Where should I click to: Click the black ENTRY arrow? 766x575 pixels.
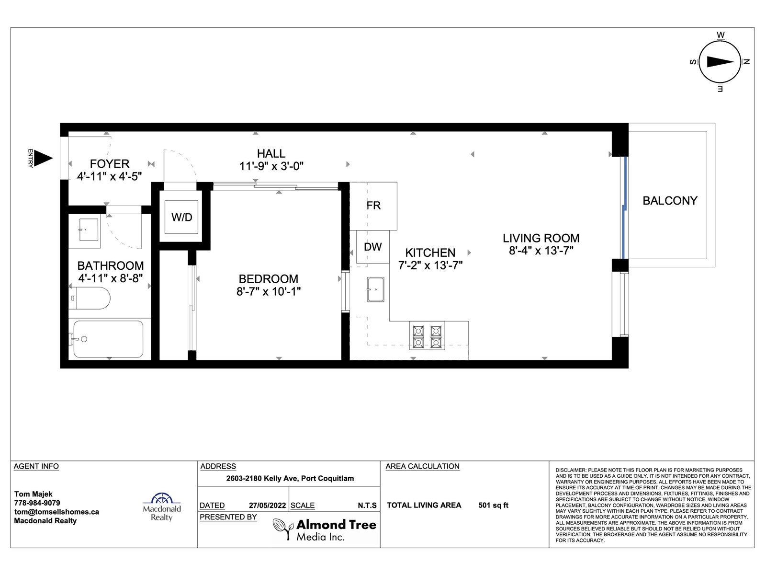pos(43,158)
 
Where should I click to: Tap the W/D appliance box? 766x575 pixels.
pos(181,217)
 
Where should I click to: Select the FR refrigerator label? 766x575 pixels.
pos(373,205)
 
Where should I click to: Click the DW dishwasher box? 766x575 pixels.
pos(372,247)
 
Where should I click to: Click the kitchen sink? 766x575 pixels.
pos(375,289)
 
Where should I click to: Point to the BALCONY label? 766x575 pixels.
pos(670,201)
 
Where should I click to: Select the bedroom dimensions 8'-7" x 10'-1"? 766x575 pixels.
pos(269,291)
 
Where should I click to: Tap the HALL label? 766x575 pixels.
pos(271,154)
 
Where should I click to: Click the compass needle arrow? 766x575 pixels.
pos(721,62)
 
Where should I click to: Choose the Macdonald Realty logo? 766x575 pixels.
pos(161,506)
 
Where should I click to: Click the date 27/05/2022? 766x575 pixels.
pos(267,506)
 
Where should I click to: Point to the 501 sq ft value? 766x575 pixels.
pos(494,505)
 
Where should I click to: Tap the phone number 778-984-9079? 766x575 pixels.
pos(37,503)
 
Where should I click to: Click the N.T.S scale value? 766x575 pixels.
pos(367,506)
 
